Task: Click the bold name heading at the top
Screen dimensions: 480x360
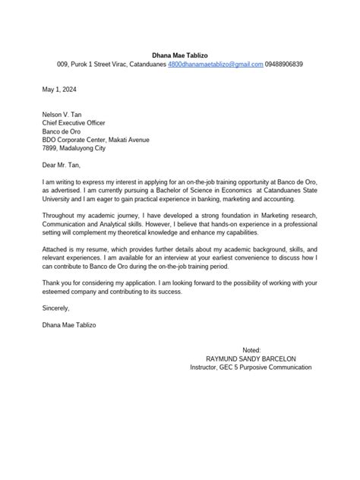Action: click(x=180, y=55)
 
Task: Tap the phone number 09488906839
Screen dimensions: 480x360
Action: click(x=283, y=65)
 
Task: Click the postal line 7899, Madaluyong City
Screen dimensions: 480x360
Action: click(x=77, y=149)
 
